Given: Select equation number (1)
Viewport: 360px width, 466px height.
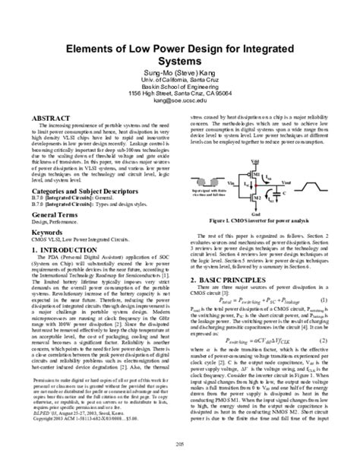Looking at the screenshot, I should (x=343, y=300).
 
